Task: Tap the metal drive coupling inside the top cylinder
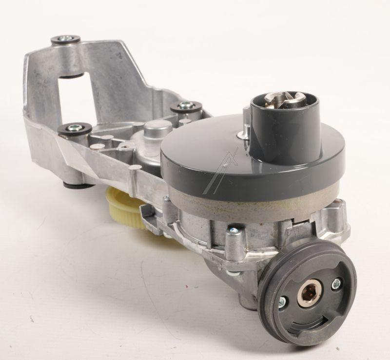coord(286,100)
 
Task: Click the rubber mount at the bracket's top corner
coord(65,40)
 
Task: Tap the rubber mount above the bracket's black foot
coord(75,128)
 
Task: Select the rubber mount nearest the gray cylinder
coord(186,106)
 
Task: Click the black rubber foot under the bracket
coord(78,185)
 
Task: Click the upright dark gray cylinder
coord(284,127)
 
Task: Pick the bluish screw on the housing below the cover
coord(234,230)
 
